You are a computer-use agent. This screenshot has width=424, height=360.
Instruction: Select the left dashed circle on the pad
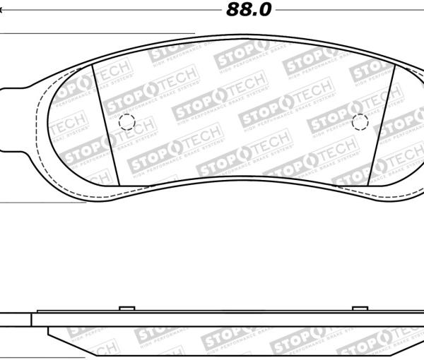(x=127, y=121)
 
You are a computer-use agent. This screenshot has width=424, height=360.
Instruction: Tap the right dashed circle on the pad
(x=360, y=122)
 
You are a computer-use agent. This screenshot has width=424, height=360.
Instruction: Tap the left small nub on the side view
(x=127, y=307)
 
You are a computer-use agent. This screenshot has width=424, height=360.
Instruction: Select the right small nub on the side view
(x=360, y=307)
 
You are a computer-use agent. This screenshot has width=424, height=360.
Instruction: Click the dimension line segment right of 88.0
(x=346, y=11)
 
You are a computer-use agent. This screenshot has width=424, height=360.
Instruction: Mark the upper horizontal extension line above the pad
(x=99, y=33)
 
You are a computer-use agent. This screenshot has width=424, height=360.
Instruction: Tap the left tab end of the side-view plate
(x=14, y=319)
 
